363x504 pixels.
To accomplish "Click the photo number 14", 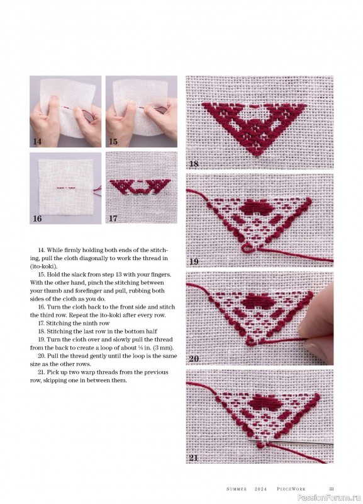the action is [x=37, y=141].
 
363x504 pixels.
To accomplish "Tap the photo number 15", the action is [x=113, y=141].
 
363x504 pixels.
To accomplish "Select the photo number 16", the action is [x=37, y=219].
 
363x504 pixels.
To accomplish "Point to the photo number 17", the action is [x=113, y=219].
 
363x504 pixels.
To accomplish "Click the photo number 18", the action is [x=194, y=164].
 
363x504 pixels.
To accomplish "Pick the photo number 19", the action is [x=194, y=261].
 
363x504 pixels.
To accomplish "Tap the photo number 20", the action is [x=194, y=358].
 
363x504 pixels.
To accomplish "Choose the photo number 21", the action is [x=194, y=458].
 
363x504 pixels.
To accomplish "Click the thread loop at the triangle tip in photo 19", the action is [x=247, y=248].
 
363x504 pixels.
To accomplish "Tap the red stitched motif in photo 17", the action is [x=140, y=187].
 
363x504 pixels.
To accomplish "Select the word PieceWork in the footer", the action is [x=291, y=489].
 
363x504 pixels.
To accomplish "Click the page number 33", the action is [x=331, y=489].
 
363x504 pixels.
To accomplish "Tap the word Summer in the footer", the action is [x=237, y=489].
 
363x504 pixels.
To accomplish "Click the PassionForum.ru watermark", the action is [x=329, y=498].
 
